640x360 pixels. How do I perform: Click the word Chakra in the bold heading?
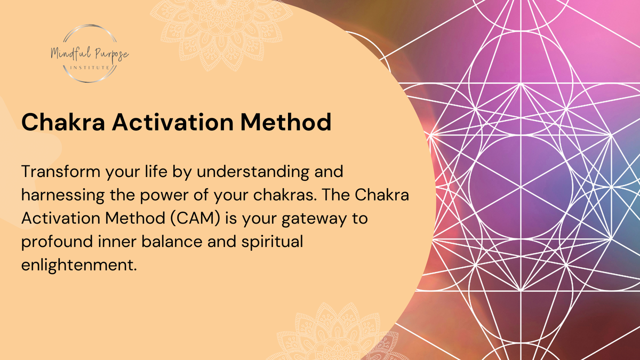63,122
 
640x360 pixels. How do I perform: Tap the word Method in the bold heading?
286,122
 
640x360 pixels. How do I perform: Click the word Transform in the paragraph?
61,171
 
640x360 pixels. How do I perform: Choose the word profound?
57,242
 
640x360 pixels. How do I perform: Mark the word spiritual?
273,242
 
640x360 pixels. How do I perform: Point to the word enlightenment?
79,265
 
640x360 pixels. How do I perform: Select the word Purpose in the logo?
112,55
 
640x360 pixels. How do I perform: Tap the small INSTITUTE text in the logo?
90,68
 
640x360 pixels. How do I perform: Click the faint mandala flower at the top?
221,31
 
